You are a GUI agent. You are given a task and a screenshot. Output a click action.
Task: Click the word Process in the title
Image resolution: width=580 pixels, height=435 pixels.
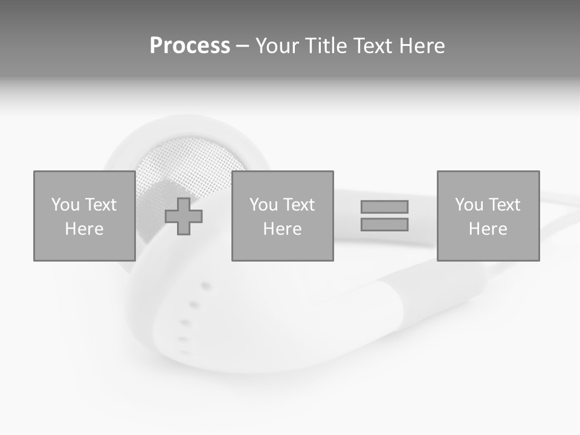coord(190,46)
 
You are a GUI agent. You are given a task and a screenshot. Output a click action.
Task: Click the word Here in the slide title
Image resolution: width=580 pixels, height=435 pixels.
coord(421,46)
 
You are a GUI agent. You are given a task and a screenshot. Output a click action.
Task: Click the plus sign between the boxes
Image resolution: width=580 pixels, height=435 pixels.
coord(184,216)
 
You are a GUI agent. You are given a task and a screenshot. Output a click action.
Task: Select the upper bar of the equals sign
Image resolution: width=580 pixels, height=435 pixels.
coord(384,207)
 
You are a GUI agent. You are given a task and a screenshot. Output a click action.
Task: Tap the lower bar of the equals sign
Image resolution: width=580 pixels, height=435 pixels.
coord(384,224)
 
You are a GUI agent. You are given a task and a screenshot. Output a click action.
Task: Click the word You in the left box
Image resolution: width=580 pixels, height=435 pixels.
coord(65,205)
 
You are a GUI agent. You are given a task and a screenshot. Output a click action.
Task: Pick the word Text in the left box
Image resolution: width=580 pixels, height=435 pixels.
coord(100,205)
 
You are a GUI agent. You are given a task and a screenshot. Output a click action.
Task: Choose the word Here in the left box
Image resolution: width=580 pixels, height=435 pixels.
coord(84,229)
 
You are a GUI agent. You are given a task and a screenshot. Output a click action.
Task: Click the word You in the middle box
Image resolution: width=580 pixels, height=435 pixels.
coord(263,205)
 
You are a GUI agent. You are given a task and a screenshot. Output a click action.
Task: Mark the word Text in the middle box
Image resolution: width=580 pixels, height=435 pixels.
coord(298,205)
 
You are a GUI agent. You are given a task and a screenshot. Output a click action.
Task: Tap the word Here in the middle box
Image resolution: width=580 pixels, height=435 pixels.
coord(282,229)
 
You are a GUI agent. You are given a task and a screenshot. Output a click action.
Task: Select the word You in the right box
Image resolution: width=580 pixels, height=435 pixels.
coord(469,205)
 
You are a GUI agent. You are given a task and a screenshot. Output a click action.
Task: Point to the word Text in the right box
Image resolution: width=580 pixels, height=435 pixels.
coord(503,205)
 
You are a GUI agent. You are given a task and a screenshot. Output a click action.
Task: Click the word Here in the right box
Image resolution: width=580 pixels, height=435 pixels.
coord(488,229)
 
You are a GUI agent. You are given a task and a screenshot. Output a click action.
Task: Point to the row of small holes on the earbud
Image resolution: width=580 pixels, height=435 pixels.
coord(192,314)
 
